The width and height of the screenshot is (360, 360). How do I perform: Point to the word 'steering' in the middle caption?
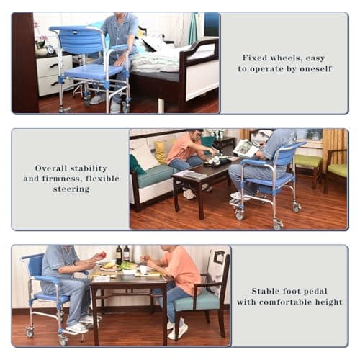point(71,189)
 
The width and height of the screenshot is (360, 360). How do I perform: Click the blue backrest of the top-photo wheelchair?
point(76,39)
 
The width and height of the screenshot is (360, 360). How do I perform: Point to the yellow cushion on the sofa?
point(160,150)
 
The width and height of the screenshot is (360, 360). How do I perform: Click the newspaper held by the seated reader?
point(246,148)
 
